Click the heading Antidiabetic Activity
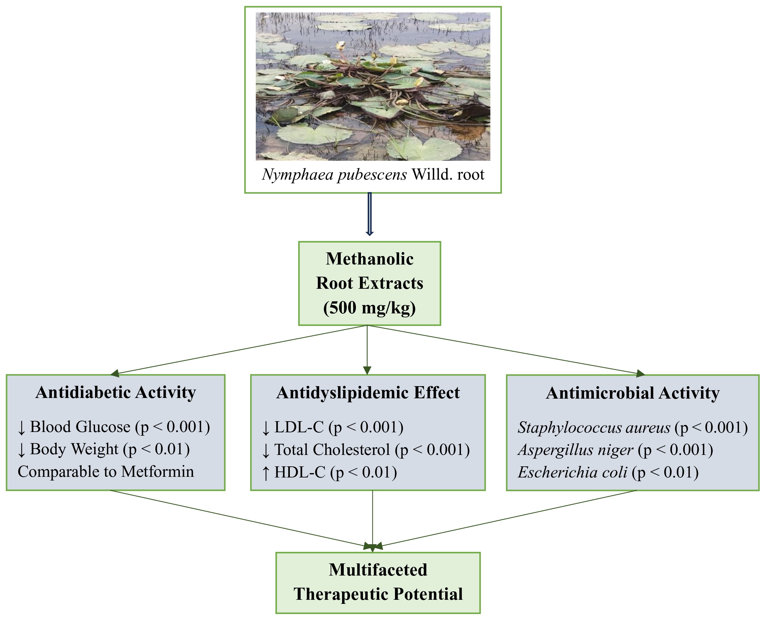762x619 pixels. pyautogui.click(x=116, y=393)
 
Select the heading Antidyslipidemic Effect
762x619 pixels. pyautogui.click(x=368, y=393)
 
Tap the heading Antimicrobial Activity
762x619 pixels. pyautogui.click(x=632, y=393)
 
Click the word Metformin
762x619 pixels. pyautogui.click(x=157, y=472)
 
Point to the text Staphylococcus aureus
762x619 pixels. pyautogui.click(x=594, y=428)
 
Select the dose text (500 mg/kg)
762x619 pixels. pyautogui.click(x=369, y=308)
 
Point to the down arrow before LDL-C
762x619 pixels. pyautogui.click(x=266, y=428)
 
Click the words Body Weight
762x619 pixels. pyautogui.click(x=74, y=449)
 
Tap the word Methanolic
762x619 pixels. pyautogui.click(x=369, y=259)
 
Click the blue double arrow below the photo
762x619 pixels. pyautogui.click(x=369, y=214)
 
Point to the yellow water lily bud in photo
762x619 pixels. pyautogui.click(x=340, y=45)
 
